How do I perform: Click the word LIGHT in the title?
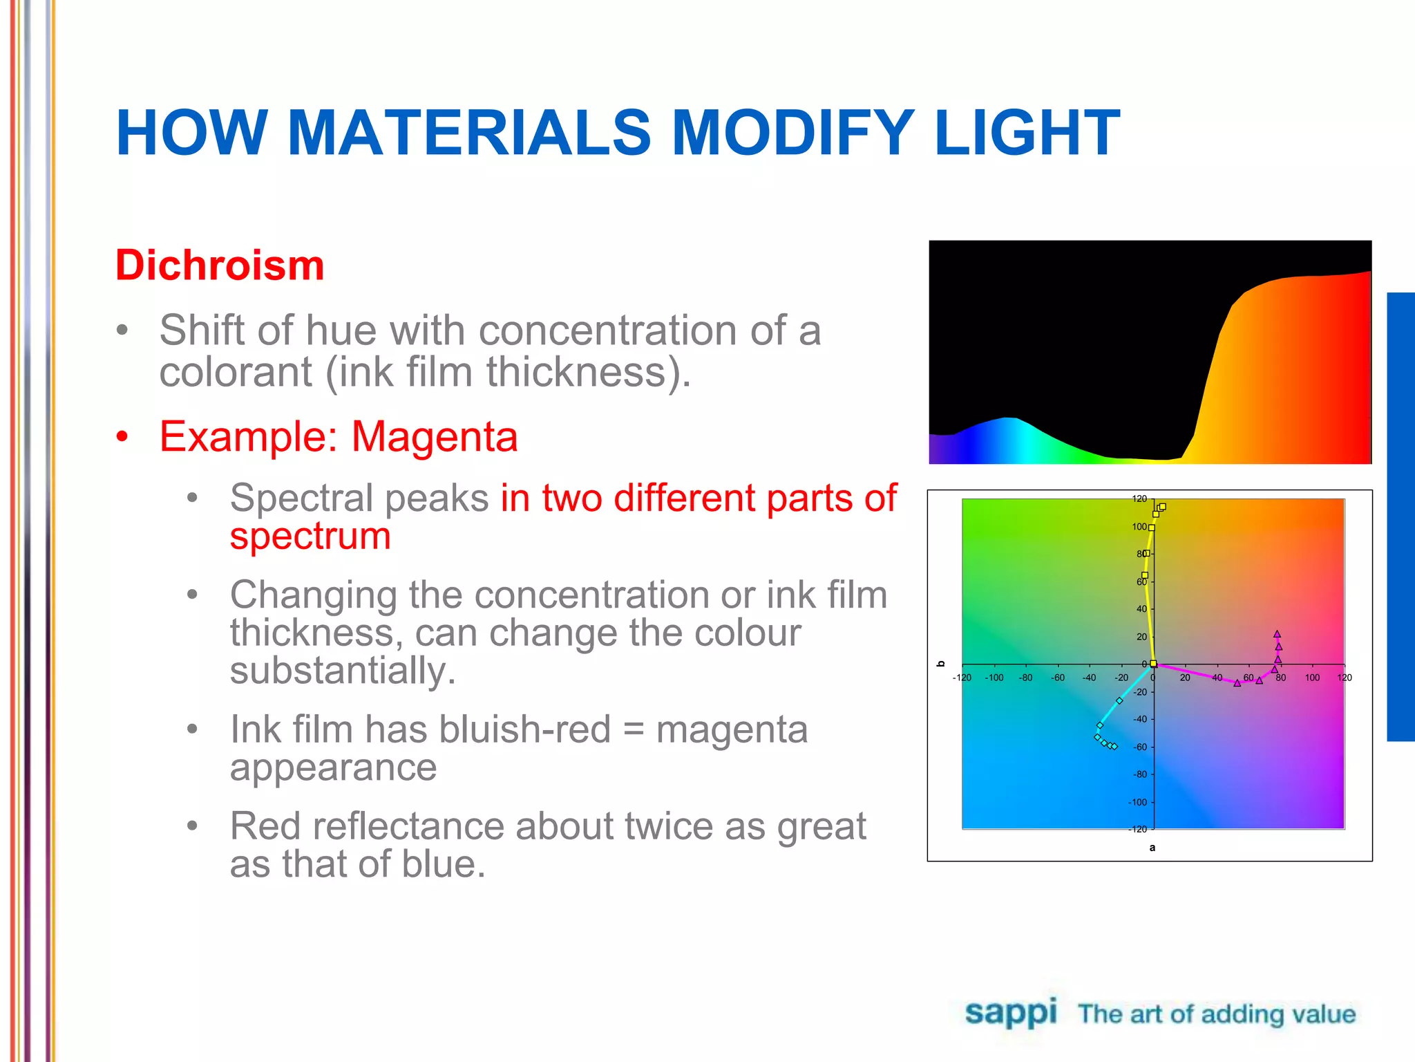click(x=1026, y=133)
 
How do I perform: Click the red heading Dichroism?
click(x=220, y=265)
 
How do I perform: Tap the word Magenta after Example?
click(x=435, y=437)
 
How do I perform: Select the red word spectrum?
click(x=310, y=537)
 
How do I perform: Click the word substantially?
click(x=342, y=671)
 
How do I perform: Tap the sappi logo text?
click(x=1010, y=1012)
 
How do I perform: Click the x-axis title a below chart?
click(x=1152, y=848)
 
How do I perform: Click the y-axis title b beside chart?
click(x=940, y=664)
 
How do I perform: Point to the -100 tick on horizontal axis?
click(x=994, y=678)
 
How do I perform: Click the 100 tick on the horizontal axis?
click(x=1312, y=678)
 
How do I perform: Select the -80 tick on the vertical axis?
click(x=1139, y=774)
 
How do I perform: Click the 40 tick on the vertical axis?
click(x=1141, y=609)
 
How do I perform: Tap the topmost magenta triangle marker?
click(x=1277, y=634)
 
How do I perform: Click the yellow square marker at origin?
click(x=1153, y=664)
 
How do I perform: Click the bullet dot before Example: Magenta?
click(x=122, y=437)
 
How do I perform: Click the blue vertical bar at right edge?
click(x=1400, y=516)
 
